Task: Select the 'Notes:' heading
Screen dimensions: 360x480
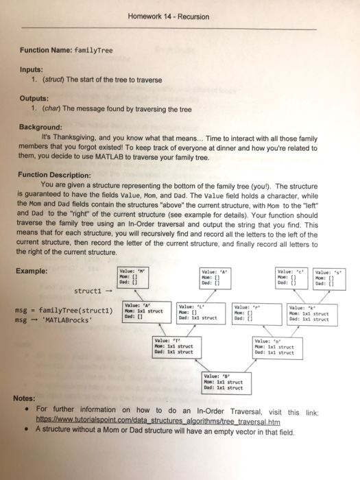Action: click(x=27, y=398)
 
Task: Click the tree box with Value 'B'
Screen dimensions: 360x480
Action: click(x=220, y=381)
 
